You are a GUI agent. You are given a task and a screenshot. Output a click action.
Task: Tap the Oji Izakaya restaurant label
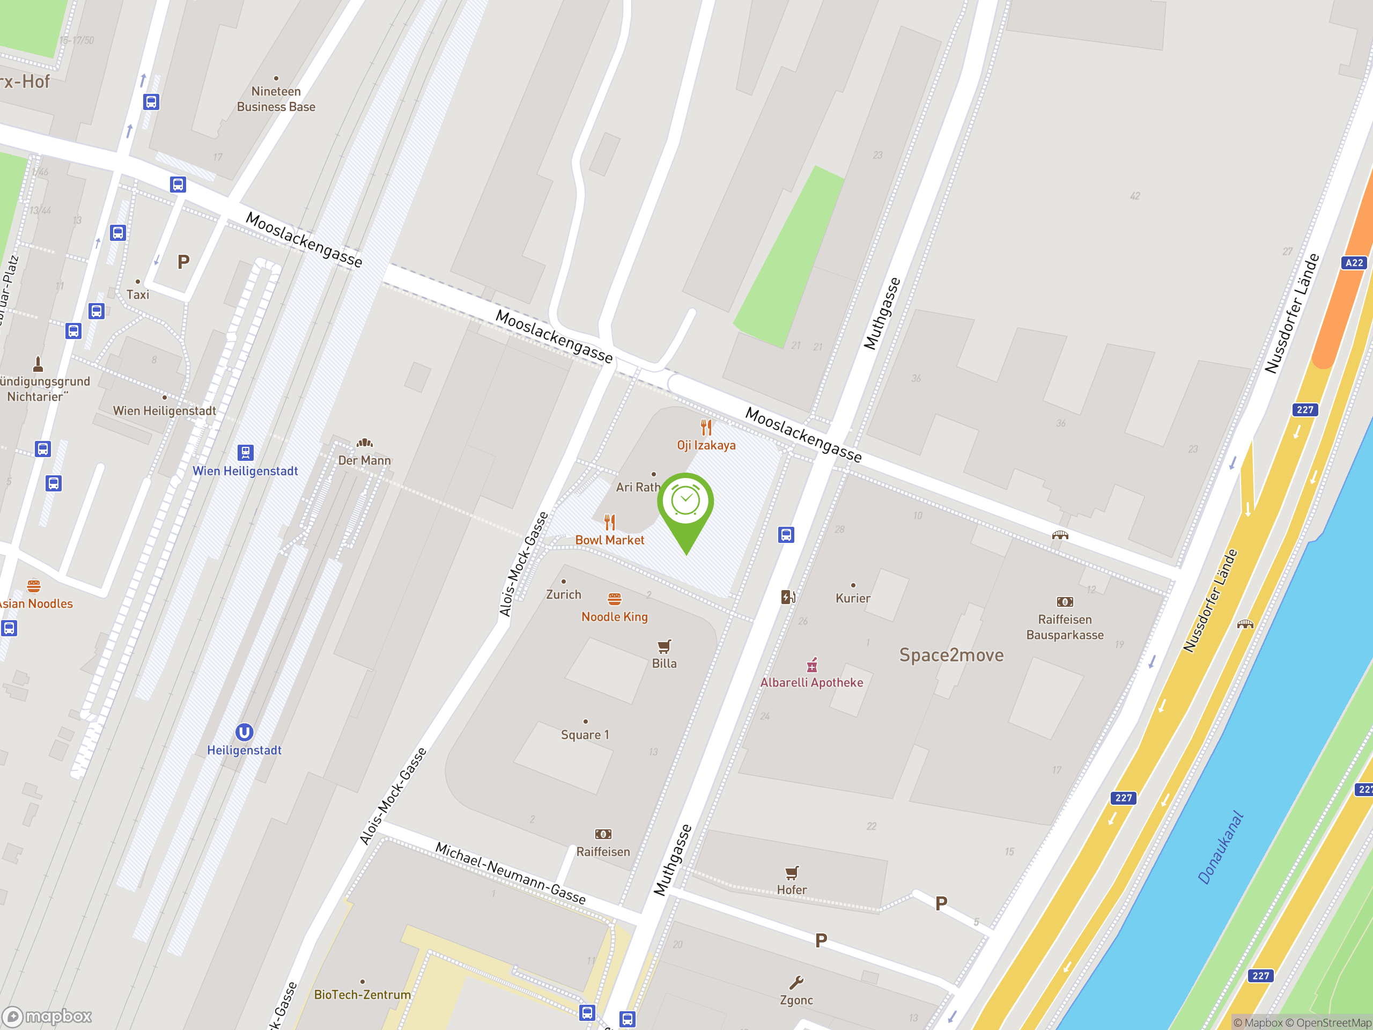pyautogui.click(x=706, y=445)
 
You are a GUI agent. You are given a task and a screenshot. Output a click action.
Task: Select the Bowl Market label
pyautogui.click(x=609, y=540)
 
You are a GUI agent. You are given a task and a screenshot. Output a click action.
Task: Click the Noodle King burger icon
pyautogui.click(x=615, y=599)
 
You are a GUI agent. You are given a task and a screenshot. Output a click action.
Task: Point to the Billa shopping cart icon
pyautogui.click(x=664, y=646)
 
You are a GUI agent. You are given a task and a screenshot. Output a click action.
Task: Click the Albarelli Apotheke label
pyautogui.click(x=811, y=682)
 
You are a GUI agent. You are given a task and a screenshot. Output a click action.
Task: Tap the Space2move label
pyautogui.click(x=951, y=655)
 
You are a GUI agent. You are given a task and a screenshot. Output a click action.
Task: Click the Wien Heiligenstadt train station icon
pyautogui.click(x=245, y=452)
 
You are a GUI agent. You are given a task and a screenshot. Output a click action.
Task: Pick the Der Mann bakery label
pyautogui.click(x=364, y=460)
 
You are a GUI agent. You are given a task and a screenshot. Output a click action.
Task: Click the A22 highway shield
pyautogui.click(x=1354, y=263)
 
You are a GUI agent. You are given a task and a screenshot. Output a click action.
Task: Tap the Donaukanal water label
pyautogui.click(x=1220, y=847)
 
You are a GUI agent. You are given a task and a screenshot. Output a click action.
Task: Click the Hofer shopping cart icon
pyautogui.click(x=792, y=873)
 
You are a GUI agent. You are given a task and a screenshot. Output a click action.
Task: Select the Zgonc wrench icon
pyautogui.click(x=796, y=982)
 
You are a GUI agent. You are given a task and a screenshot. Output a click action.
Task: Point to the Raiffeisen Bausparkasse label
pyautogui.click(x=1065, y=627)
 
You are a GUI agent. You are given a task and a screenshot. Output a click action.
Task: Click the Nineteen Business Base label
pyautogui.click(x=276, y=99)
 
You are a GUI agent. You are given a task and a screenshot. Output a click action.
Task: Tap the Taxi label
pyautogui.click(x=138, y=295)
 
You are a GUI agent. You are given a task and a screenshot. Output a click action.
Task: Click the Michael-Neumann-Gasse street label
pyautogui.click(x=510, y=873)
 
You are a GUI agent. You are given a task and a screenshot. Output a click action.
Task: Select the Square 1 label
pyautogui.click(x=585, y=734)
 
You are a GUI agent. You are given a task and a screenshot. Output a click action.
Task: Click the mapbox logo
pyautogui.click(x=48, y=1017)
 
